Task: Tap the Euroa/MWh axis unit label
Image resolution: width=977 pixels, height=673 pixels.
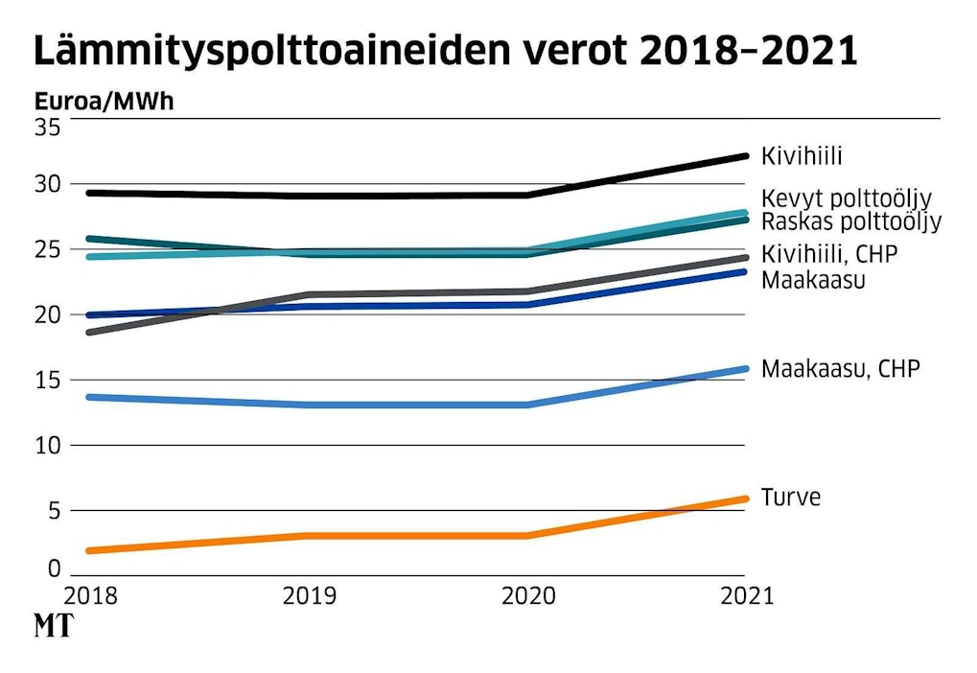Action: pos(105,102)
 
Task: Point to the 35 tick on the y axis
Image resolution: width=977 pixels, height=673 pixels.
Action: pos(47,126)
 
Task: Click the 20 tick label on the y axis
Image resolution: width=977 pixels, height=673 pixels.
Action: pos(47,314)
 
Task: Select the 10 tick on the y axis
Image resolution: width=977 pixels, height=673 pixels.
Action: pos(47,445)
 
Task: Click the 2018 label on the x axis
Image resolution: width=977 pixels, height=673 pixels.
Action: pos(90,595)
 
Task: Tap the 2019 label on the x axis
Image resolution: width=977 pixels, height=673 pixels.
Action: pos(310,595)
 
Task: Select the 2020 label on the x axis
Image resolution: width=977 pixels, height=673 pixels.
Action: pos(528,595)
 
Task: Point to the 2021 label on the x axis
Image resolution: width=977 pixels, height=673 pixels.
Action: pos(746,595)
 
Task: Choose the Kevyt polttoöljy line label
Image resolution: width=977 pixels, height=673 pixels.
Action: pos(847,199)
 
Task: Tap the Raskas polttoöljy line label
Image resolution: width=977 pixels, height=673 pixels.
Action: pos(851,222)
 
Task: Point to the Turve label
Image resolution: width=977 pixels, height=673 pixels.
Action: pos(791,498)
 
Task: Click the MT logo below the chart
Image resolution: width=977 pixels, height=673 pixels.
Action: pos(54,627)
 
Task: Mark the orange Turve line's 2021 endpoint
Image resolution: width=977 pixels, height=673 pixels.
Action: pos(745,499)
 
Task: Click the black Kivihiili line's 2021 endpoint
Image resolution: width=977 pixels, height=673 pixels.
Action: pos(745,155)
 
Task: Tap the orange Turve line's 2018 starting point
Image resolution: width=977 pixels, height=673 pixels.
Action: pos(89,550)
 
